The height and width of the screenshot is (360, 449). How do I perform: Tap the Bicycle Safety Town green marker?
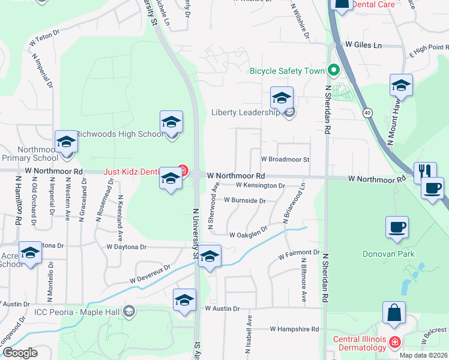click(x=334, y=71)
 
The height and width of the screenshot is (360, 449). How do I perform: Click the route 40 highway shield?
click(x=367, y=112)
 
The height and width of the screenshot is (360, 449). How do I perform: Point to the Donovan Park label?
click(x=388, y=254)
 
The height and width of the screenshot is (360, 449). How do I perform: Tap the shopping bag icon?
click(x=394, y=313)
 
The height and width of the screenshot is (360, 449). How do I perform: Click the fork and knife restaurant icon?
click(x=424, y=172)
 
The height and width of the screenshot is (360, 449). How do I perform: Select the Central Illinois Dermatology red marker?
click(x=394, y=343)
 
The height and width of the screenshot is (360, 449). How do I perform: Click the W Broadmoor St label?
click(x=285, y=160)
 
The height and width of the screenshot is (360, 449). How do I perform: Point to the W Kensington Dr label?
click(x=260, y=186)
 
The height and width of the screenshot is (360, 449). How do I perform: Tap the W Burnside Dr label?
click(x=245, y=201)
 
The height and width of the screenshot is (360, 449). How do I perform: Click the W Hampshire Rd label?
click(x=294, y=329)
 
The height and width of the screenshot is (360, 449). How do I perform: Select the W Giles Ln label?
click(x=363, y=45)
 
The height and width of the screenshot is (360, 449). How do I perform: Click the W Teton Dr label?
click(x=45, y=40)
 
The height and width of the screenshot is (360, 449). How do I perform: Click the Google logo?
click(x=20, y=353)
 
